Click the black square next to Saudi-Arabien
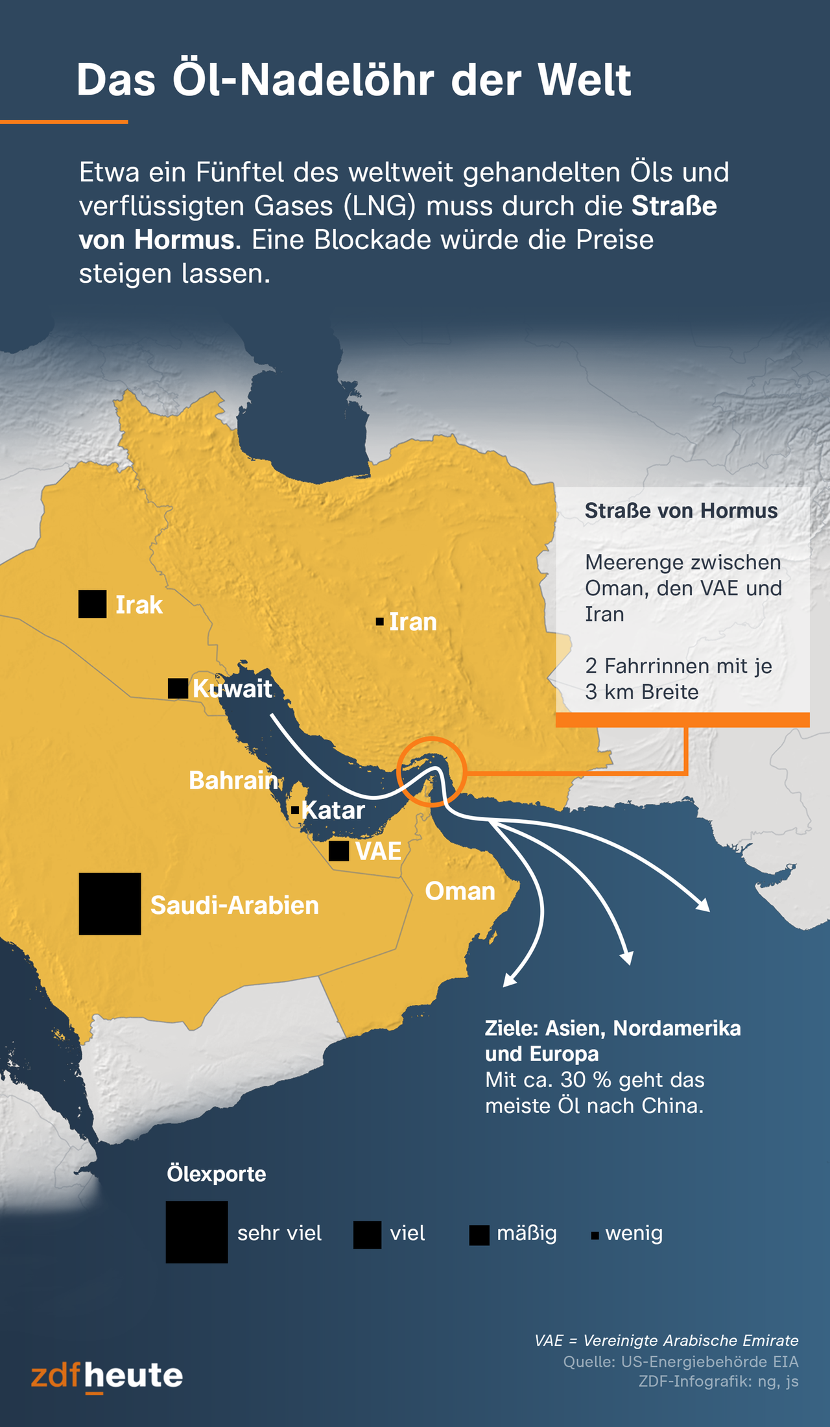click(x=110, y=904)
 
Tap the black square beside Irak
click(x=93, y=604)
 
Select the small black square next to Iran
click(x=380, y=622)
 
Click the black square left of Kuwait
click(x=178, y=688)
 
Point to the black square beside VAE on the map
click(x=338, y=851)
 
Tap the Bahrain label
click(x=233, y=780)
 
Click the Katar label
click(x=333, y=810)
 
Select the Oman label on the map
click(x=460, y=891)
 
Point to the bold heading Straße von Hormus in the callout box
click(x=681, y=510)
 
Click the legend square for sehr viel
click(x=196, y=1232)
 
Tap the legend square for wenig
click(x=595, y=1236)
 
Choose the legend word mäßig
click(x=527, y=1233)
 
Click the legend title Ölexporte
click(x=217, y=1174)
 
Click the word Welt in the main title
click(x=584, y=80)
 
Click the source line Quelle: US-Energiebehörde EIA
click(x=680, y=1361)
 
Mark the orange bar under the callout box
click(x=682, y=719)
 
